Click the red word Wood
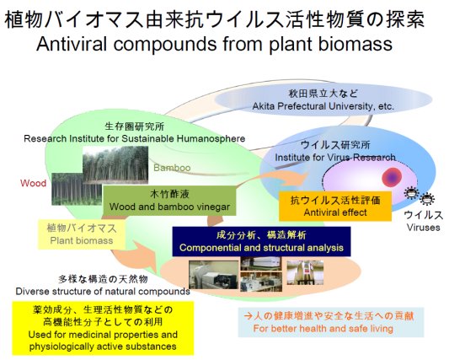(33, 183)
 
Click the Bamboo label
(172, 168)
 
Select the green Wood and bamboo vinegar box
(169, 201)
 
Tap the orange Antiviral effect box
(335, 206)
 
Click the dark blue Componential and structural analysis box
(261, 241)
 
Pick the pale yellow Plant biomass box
(82, 234)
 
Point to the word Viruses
(423, 228)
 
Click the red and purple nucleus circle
(392, 177)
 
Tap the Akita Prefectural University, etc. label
(323, 106)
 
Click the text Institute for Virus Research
(335, 157)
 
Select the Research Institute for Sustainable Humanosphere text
(134, 138)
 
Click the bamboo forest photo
(115, 164)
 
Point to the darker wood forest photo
(77, 189)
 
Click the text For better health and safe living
(323, 328)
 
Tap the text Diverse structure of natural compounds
(103, 291)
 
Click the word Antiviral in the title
(72, 44)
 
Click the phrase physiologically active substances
(103, 347)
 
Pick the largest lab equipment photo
(213, 275)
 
